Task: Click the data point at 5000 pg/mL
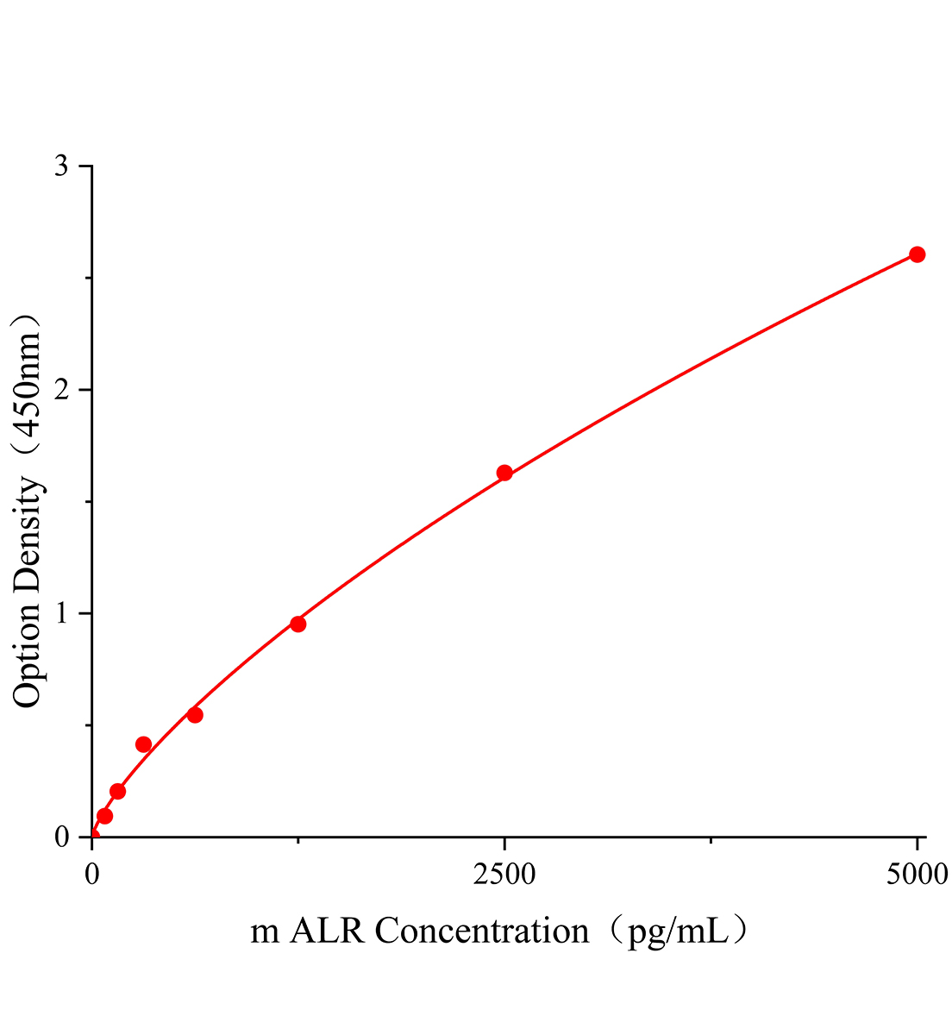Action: [917, 254]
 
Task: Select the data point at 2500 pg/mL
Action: [504, 473]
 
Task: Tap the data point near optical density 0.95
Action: [297, 624]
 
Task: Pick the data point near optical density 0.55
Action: [195, 715]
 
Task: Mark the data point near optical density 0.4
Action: [143, 744]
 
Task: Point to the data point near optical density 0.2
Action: [118, 791]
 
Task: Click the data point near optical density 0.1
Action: [104, 816]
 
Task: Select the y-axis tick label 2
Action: [61, 389]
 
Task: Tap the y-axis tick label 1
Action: [61, 613]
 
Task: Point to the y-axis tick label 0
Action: [61, 837]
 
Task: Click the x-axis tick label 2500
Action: [504, 875]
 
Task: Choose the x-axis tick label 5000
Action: [917, 875]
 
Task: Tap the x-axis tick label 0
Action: [92, 875]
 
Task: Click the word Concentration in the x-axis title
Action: [481, 931]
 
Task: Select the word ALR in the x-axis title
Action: [327, 931]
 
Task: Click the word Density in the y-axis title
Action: [28, 534]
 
